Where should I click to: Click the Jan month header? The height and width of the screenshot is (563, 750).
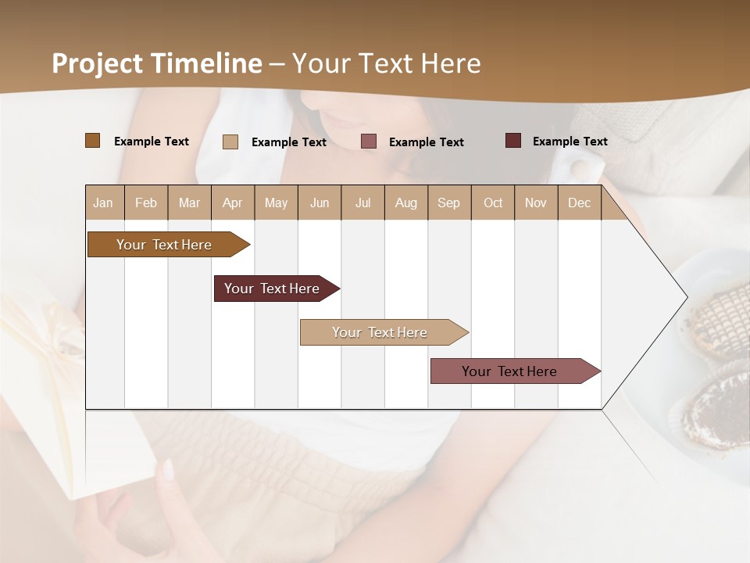click(104, 203)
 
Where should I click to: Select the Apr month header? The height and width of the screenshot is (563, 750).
click(233, 203)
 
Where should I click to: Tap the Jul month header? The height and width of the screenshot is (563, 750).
click(362, 203)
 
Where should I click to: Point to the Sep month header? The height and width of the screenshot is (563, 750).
click(448, 203)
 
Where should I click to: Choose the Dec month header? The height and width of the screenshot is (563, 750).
click(579, 203)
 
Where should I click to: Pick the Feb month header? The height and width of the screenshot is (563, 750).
click(146, 203)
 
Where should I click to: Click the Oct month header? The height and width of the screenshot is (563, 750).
click(493, 203)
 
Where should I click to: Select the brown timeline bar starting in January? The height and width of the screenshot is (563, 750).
click(165, 245)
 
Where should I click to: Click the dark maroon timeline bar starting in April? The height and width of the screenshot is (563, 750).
click(273, 289)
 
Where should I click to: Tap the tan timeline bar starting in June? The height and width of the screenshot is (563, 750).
click(380, 332)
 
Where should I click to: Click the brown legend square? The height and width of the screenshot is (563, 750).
click(92, 141)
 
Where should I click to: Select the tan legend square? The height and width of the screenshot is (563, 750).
click(230, 142)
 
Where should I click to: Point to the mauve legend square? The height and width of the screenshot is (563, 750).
click(369, 142)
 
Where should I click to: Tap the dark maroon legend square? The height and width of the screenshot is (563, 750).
click(513, 141)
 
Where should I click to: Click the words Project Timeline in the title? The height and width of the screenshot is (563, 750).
click(157, 63)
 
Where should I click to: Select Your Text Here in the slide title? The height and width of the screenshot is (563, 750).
click(387, 63)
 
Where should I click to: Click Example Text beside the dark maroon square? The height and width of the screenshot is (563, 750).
click(570, 141)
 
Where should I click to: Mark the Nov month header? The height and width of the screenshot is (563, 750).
click(536, 203)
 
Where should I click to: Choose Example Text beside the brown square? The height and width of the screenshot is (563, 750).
click(152, 141)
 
